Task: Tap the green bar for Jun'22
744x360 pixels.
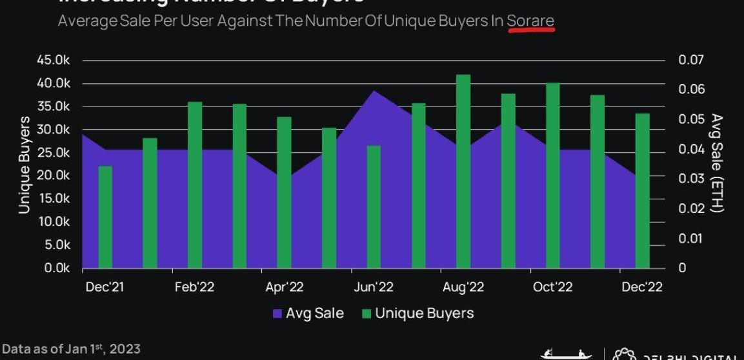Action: [374, 206]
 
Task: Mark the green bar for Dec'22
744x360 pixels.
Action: [642, 190]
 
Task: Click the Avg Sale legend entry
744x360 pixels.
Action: [308, 314]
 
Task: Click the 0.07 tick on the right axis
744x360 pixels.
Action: [691, 60]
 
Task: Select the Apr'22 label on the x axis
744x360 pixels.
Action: [284, 287]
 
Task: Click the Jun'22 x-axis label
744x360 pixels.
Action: [374, 287]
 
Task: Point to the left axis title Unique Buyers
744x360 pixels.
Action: [24, 165]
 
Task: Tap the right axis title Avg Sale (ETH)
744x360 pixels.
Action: [717, 163]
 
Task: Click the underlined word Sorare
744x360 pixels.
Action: [530, 21]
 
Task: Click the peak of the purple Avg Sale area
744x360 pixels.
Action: [374, 92]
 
